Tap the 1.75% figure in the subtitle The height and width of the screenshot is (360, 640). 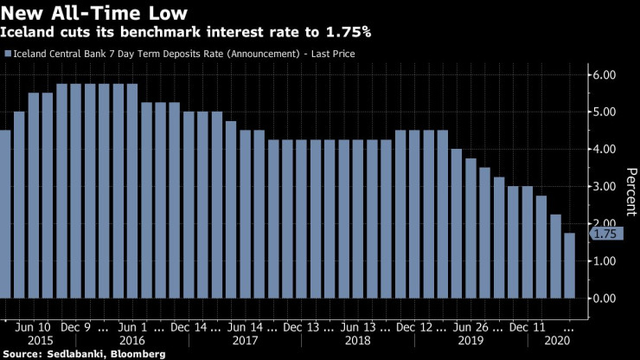(x=346, y=33)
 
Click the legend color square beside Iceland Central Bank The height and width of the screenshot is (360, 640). (x=8, y=54)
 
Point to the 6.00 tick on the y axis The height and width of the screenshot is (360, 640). (x=604, y=75)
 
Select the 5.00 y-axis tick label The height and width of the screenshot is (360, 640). (x=604, y=112)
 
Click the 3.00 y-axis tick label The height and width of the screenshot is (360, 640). (x=604, y=187)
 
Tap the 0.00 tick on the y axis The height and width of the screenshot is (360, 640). (x=604, y=299)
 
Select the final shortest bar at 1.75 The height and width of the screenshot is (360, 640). (x=569, y=266)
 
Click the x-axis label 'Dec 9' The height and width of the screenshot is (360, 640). (x=75, y=328)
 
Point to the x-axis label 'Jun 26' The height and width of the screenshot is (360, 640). (x=471, y=328)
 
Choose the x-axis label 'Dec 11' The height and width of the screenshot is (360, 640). (x=527, y=328)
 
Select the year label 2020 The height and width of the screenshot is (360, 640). (x=554, y=342)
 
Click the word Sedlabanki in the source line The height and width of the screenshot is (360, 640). (x=74, y=354)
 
